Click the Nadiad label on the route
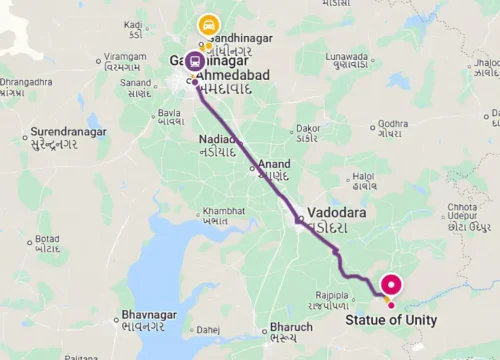[x=218, y=139]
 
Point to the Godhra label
[x=391, y=123]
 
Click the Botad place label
[x=47, y=240]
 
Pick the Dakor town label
[x=307, y=127]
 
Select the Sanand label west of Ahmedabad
[x=137, y=82]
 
